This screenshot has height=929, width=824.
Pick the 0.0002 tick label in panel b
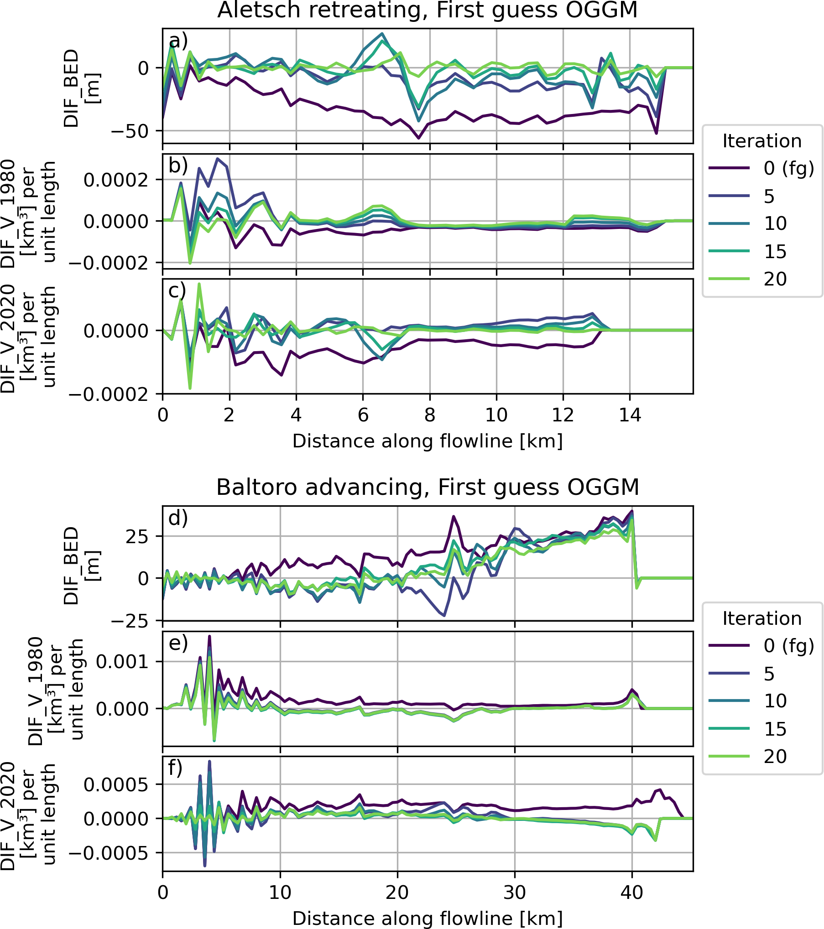click(x=116, y=180)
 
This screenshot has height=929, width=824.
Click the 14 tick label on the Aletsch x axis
click(x=630, y=415)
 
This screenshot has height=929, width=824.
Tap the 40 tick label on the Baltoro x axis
click(x=632, y=892)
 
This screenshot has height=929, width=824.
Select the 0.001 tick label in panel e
click(x=122, y=661)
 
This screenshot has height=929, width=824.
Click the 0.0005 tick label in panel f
click(x=116, y=784)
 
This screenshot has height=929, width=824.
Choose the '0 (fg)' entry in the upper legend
click(x=788, y=168)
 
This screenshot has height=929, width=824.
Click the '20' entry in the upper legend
click(x=775, y=279)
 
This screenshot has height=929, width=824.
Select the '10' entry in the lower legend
click(x=775, y=701)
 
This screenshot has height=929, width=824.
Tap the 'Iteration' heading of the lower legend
click(x=762, y=618)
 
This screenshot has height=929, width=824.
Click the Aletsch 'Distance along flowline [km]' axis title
click(x=428, y=441)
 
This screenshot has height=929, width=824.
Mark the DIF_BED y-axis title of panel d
click(x=72, y=566)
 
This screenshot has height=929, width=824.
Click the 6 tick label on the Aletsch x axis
click(x=363, y=415)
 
